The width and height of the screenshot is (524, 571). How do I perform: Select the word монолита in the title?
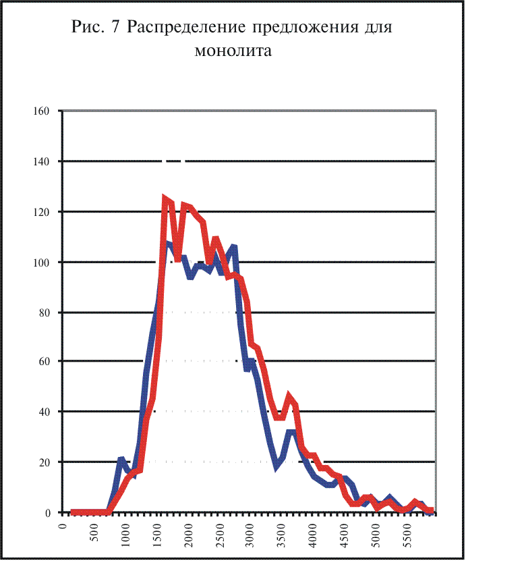click(x=233, y=51)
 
